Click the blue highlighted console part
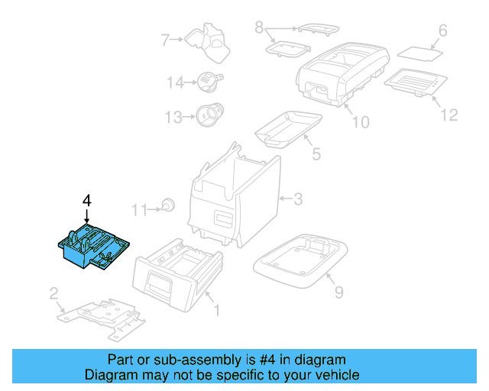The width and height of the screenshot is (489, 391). click(x=93, y=247)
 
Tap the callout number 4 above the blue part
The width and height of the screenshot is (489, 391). click(x=87, y=201)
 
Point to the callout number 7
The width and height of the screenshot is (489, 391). click(x=164, y=39)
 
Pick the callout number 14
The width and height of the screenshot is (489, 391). click(x=175, y=82)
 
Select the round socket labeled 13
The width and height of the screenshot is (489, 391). click(x=208, y=115)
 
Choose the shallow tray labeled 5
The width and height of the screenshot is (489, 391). click(x=287, y=127)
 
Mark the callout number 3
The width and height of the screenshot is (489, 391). click(x=299, y=199)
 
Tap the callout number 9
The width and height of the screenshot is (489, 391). click(x=338, y=291)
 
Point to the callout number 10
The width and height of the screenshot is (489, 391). click(x=359, y=122)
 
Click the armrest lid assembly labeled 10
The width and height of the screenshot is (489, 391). click(x=339, y=73)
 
